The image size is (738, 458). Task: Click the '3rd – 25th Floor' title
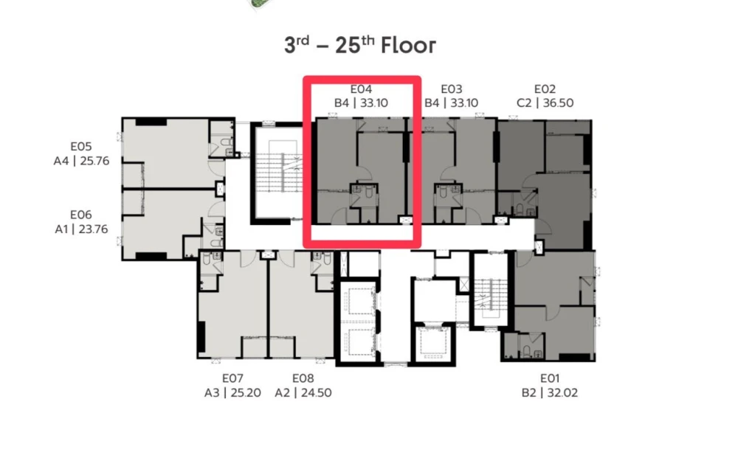pos(360,45)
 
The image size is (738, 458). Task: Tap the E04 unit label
pos(361,89)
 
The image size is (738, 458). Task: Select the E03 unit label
pos(452,89)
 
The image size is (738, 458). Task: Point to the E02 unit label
pos(545,89)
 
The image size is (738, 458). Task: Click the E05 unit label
pos(81,146)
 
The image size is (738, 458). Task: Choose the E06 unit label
pos(81,215)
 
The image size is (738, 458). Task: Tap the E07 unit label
pos(232,378)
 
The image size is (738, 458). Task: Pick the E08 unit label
pos(303,378)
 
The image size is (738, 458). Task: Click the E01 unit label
pos(549,378)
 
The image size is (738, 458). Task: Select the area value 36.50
pos(558,103)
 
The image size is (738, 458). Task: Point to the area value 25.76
pos(94,161)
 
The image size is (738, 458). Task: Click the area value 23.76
pos(94,229)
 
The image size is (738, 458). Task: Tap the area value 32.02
pos(562,392)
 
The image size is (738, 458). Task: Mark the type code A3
pos(212,392)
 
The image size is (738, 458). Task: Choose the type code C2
pos(524,103)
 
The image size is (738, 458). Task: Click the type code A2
pos(283,392)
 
